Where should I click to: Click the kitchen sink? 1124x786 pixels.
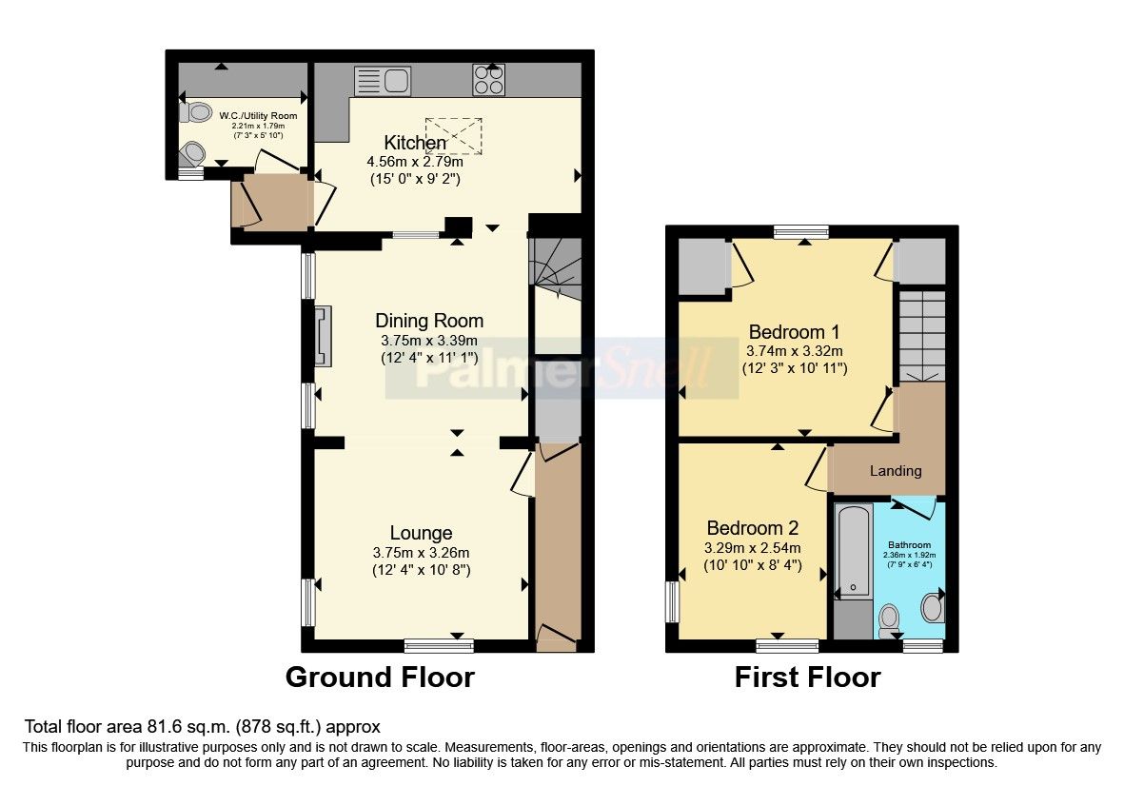coord(382,80)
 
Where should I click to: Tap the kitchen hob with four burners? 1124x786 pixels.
coord(489,80)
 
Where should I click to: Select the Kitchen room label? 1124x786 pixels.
coord(415,143)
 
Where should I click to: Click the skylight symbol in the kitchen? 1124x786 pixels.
coord(454,135)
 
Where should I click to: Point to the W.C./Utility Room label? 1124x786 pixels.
coord(258,116)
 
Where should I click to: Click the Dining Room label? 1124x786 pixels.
coord(428,321)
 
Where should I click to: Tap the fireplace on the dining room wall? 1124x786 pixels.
coord(323,336)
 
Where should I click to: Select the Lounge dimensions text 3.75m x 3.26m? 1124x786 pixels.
coord(421,553)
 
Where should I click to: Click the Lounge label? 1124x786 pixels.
coord(421,533)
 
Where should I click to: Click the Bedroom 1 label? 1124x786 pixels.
coord(794,332)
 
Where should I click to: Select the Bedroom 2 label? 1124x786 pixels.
coord(752,528)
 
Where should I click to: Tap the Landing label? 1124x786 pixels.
coord(896,470)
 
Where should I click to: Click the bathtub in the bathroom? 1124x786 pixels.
coord(853,552)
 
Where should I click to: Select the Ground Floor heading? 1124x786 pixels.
coord(380,678)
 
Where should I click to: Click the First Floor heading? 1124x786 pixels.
coord(807,678)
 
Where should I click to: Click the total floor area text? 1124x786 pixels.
coord(202,726)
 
